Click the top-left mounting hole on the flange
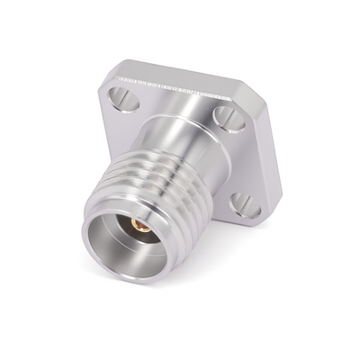click(124, 98)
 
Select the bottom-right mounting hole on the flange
click(245, 207)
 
